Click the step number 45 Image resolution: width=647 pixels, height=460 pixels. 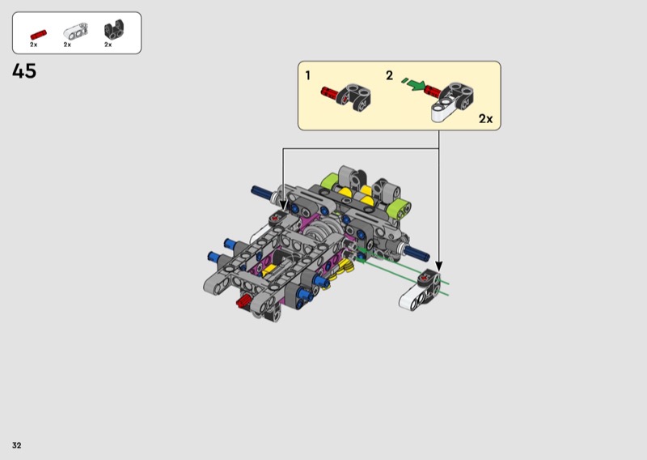pyautogui.click(x=24, y=71)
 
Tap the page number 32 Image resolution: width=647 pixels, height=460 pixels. pyautogui.click(x=16, y=445)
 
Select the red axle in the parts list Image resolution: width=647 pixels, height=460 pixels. pyautogui.click(x=38, y=35)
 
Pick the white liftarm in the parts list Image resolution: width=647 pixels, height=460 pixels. pyautogui.click(x=75, y=31)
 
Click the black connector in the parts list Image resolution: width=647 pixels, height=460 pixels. pyautogui.click(x=114, y=30)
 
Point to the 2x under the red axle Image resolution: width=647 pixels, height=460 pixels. pyautogui.click(x=33, y=45)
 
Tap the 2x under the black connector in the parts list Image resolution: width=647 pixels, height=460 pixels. pyautogui.click(x=108, y=45)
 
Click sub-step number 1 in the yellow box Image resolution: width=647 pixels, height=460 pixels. pyautogui.click(x=308, y=75)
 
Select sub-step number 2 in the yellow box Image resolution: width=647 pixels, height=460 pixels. pyautogui.click(x=390, y=75)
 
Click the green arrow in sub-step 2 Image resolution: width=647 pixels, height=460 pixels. pyautogui.click(x=417, y=85)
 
